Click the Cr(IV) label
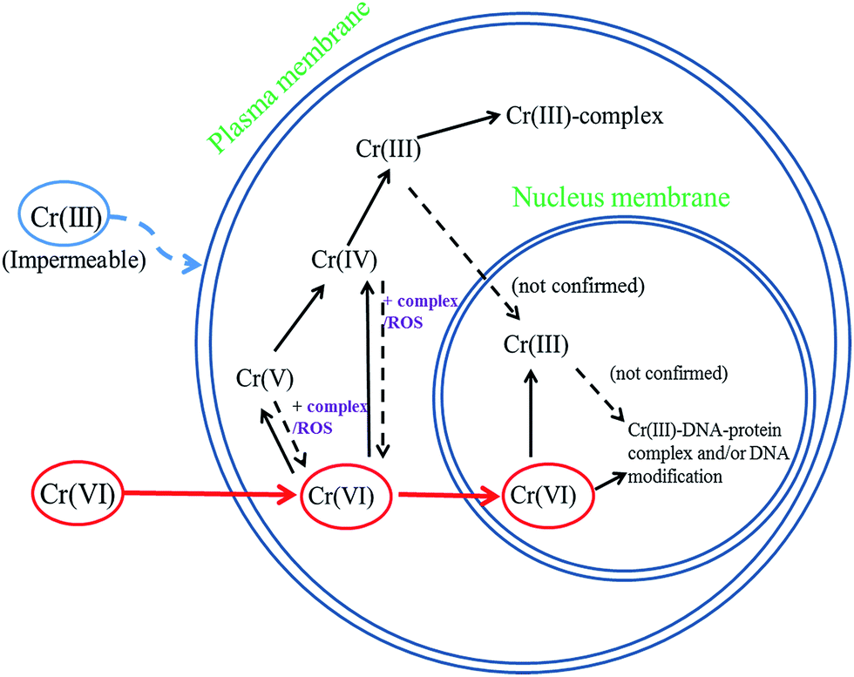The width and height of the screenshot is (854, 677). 343,259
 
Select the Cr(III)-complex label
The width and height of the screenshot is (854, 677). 585,116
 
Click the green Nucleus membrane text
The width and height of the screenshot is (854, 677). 620,197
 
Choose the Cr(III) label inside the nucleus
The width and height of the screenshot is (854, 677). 537,345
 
